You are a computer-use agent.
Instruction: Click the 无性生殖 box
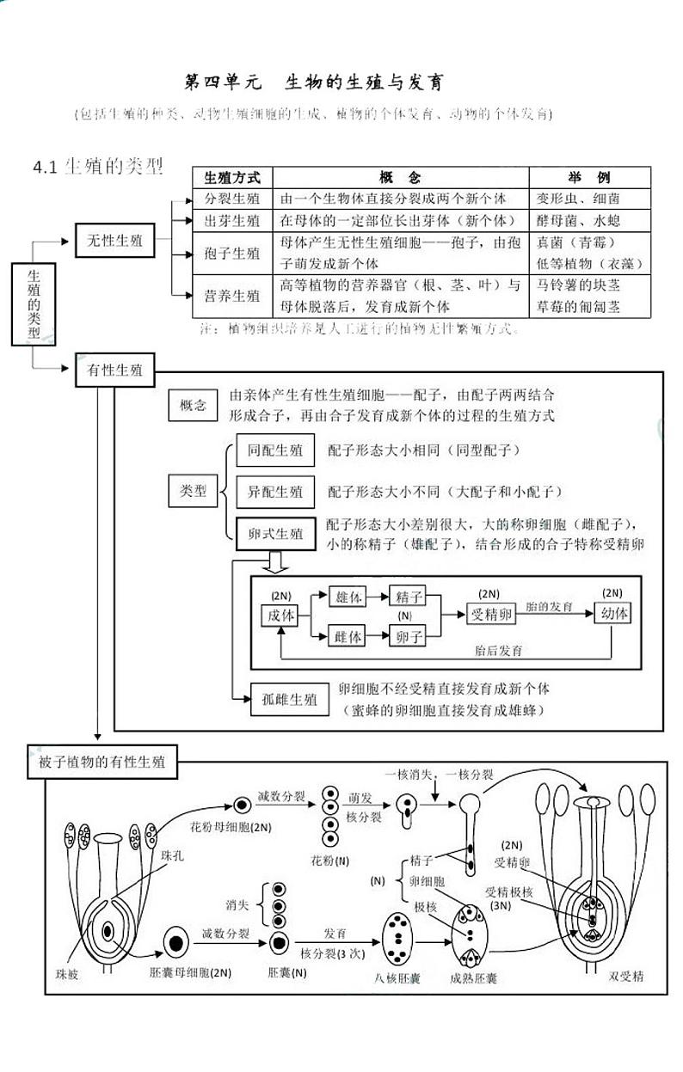[x=114, y=241]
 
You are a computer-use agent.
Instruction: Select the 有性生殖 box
[x=114, y=371]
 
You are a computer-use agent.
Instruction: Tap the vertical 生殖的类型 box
[x=34, y=304]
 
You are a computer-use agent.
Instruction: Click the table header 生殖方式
[x=232, y=178]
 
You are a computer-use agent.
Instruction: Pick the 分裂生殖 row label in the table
[x=232, y=198]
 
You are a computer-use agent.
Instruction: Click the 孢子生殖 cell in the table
[x=232, y=254]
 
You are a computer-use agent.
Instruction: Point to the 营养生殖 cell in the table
[x=232, y=296]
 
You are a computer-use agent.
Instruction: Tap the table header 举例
[x=589, y=178]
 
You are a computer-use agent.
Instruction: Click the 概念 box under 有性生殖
[x=192, y=406]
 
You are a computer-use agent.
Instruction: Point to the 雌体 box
[x=348, y=636]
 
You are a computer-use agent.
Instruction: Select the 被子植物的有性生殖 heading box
[x=102, y=762]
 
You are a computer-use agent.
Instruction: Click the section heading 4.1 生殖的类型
[x=97, y=166]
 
